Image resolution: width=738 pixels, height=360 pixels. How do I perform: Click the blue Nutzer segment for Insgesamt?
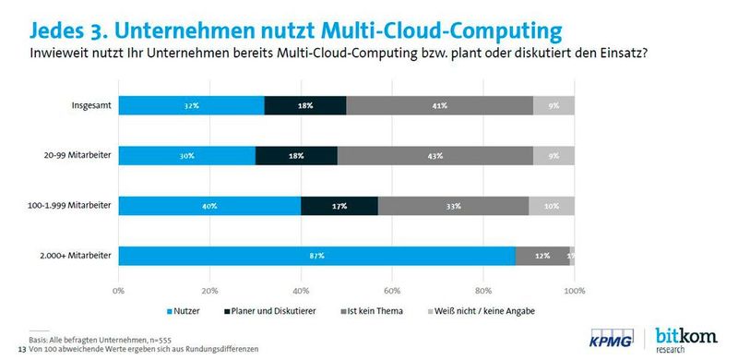(x=191, y=105)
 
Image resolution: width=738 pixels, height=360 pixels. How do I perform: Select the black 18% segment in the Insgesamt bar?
(x=305, y=105)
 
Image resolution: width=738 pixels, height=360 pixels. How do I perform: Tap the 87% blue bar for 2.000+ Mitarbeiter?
(x=316, y=255)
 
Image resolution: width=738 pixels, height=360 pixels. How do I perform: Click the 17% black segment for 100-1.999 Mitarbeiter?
(x=339, y=205)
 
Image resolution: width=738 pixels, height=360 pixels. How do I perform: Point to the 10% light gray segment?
(x=552, y=205)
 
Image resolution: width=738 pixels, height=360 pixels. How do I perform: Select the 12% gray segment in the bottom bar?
(x=542, y=255)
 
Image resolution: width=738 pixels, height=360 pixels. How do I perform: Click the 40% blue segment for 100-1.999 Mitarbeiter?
(x=209, y=205)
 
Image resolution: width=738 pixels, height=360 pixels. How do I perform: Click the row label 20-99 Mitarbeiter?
(x=78, y=155)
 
